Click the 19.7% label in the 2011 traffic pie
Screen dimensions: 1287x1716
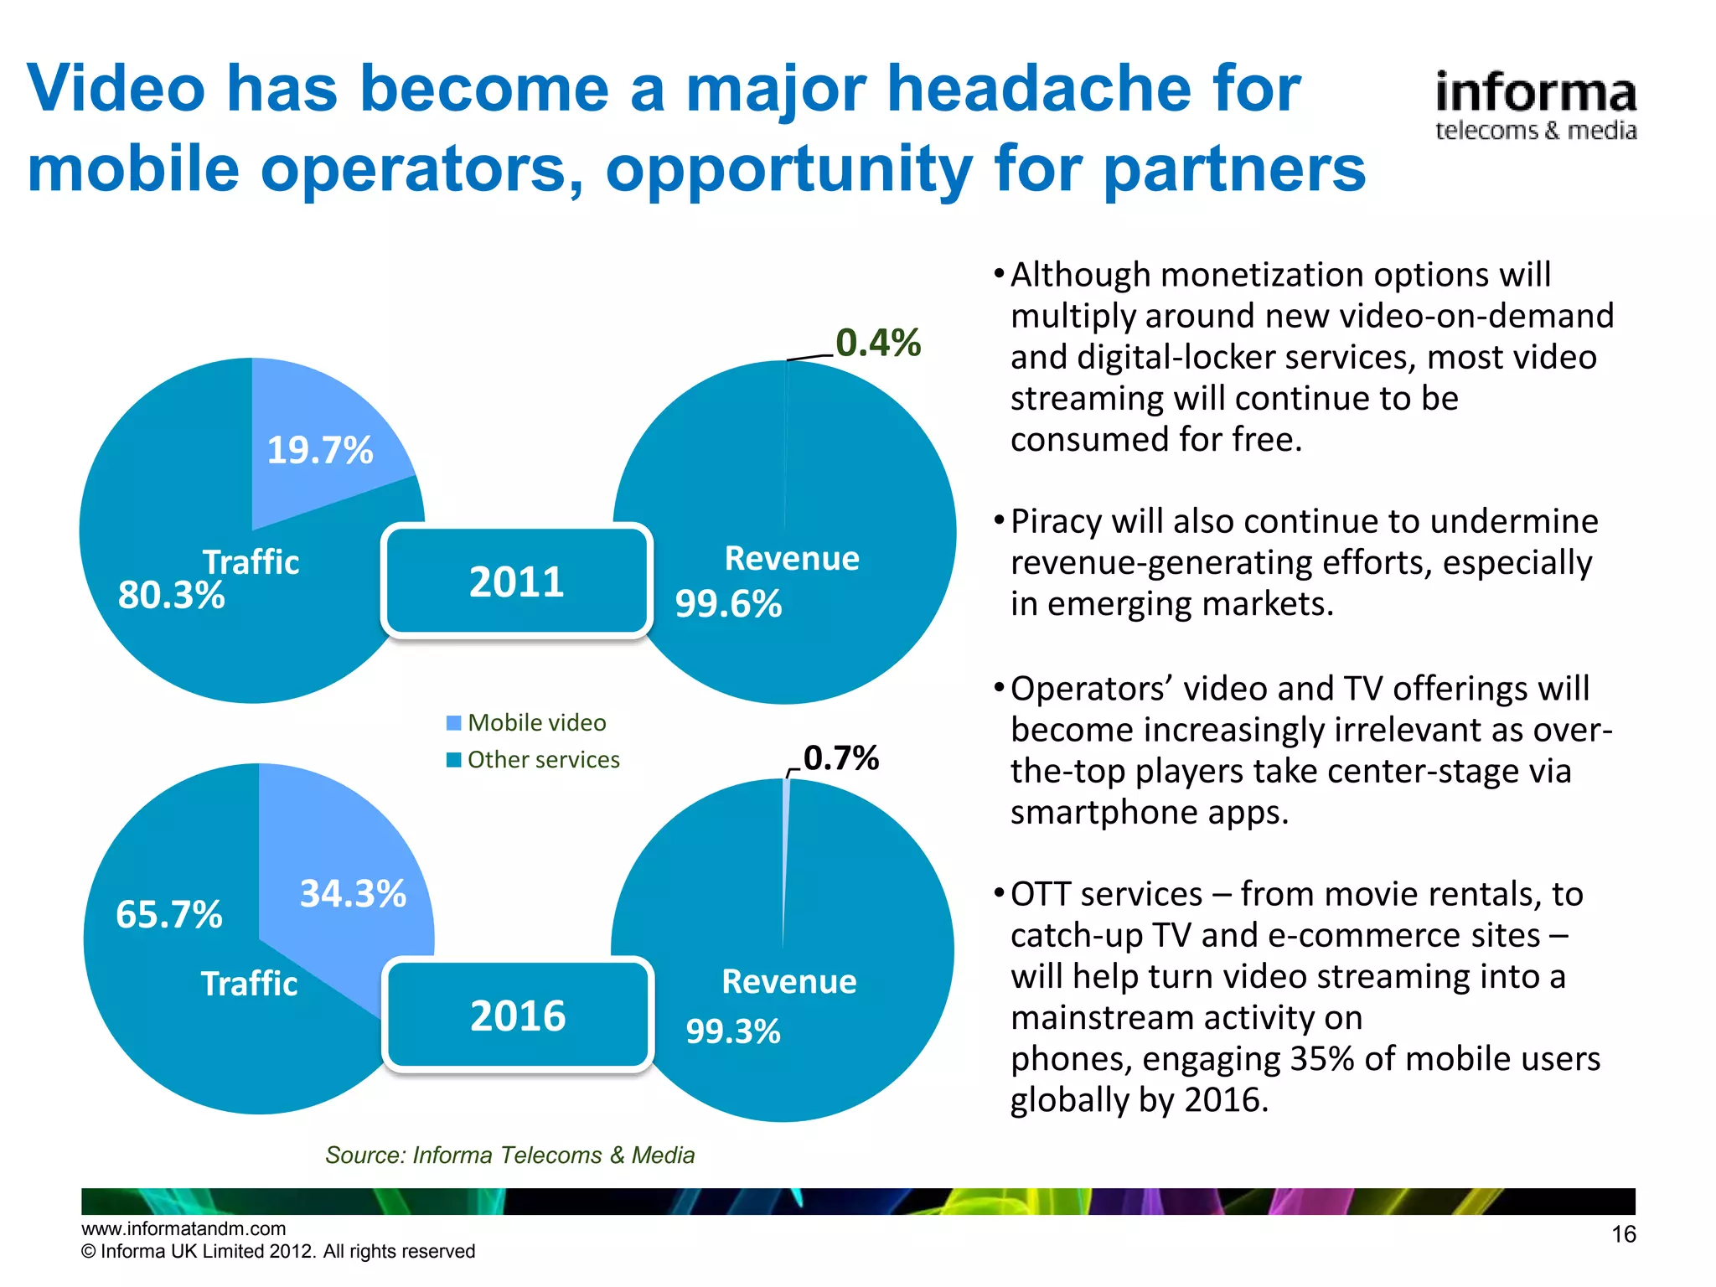pyautogui.click(x=319, y=451)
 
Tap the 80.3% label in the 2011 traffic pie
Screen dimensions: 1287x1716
pyautogui.click(x=171, y=596)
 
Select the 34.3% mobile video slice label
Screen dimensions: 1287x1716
pyautogui.click(x=353, y=894)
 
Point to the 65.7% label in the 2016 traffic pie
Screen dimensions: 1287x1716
pyautogui.click(x=168, y=914)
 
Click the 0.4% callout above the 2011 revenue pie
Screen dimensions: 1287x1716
pyautogui.click(x=877, y=343)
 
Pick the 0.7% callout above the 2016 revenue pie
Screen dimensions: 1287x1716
pyautogui.click(x=840, y=758)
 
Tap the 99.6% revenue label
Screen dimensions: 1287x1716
pyautogui.click(x=728, y=604)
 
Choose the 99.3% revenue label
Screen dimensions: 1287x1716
pyautogui.click(x=733, y=1031)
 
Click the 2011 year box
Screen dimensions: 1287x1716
pyautogui.click(x=516, y=581)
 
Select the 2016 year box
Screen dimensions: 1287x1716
pyautogui.click(x=518, y=1016)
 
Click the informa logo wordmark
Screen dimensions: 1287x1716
pyautogui.click(x=1535, y=94)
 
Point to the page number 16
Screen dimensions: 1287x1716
pyautogui.click(x=1623, y=1234)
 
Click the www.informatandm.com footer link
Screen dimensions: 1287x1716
pyautogui.click(x=183, y=1228)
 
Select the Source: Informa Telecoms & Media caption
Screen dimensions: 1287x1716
pyautogui.click(x=509, y=1155)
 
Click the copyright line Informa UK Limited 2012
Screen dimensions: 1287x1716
pyautogui.click(x=278, y=1251)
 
